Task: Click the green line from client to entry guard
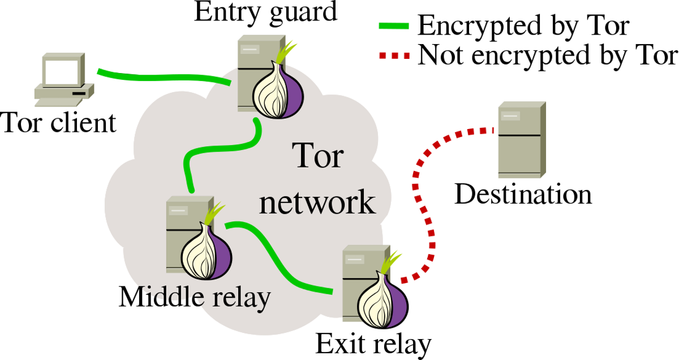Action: [x=164, y=76]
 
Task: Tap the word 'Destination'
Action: [x=523, y=194]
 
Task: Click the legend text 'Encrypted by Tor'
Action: [x=523, y=26]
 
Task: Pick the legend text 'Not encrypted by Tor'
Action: [x=547, y=55]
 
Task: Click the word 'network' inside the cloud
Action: [x=317, y=203]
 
